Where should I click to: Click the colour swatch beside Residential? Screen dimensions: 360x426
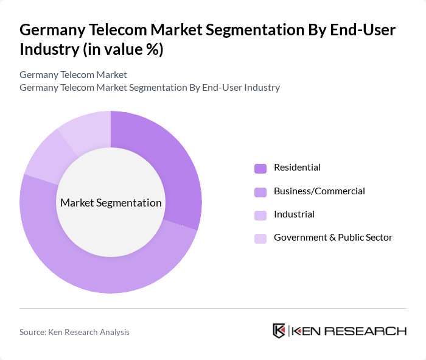click(x=260, y=168)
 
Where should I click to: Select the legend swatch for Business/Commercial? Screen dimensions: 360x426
click(x=260, y=192)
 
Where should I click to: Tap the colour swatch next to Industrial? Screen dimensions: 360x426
click(x=260, y=215)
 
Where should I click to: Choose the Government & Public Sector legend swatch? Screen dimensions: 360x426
click(x=260, y=238)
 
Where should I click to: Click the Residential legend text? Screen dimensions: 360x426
click(x=297, y=168)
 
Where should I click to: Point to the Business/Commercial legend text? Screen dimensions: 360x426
click(x=319, y=191)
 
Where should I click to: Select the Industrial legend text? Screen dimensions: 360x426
click(x=294, y=214)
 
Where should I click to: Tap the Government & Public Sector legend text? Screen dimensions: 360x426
click(x=333, y=238)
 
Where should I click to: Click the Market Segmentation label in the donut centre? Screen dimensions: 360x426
click(x=111, y=203)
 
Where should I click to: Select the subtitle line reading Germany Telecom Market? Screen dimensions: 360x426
click(x=73, y=75)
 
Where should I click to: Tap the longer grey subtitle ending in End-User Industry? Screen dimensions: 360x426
click(x=149, y=88)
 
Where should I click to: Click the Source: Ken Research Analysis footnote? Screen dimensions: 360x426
click(x=74, y=332)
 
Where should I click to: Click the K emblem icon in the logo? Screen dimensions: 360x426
click(x=279, y=331)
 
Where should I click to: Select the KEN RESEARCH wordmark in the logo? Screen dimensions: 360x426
click(x=349, y=331)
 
